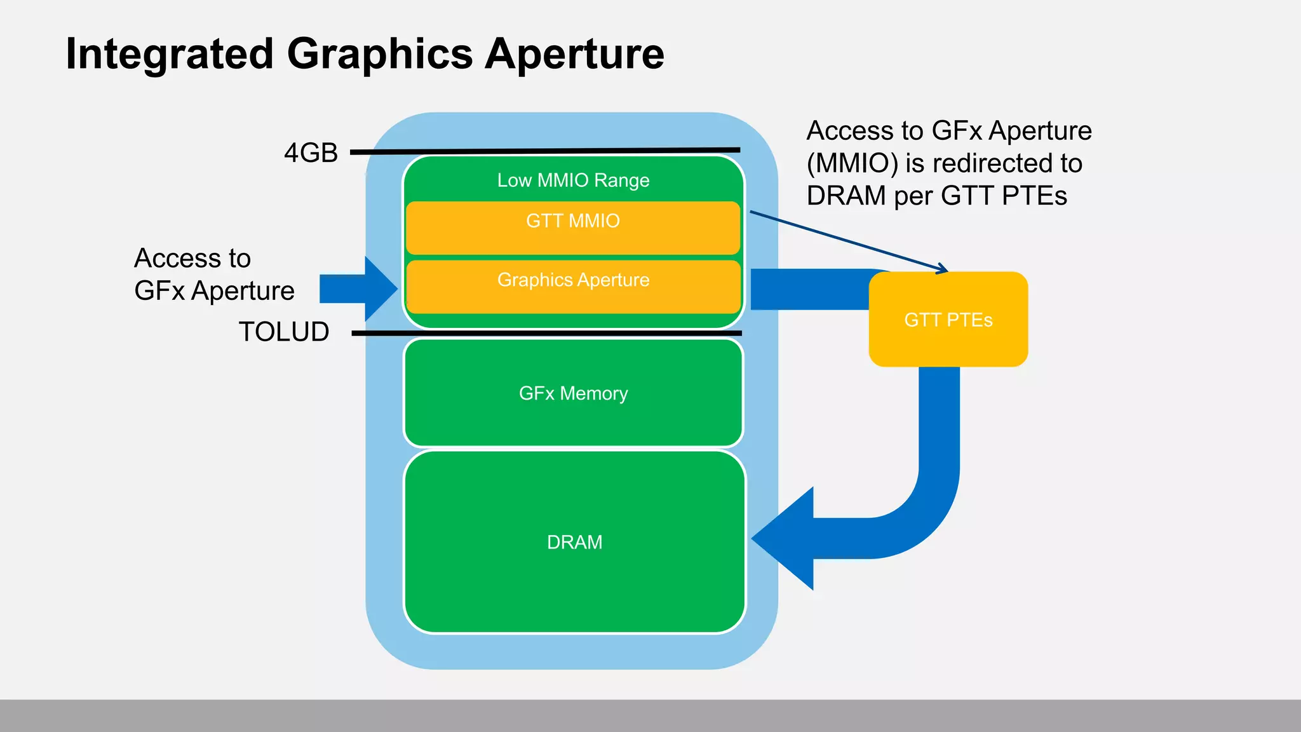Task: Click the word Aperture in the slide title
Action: click(574, 54)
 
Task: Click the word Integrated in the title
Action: click(170, 54)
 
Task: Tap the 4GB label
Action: click(311, 153)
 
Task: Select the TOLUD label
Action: click(284, 332)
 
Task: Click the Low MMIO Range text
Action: click(573, 180)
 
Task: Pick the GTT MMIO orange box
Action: click(573, 228)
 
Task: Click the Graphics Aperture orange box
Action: click(573, 287)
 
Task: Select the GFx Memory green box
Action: click(573, 393)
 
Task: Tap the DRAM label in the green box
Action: click(574, 542)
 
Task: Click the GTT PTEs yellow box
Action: click(948, 320)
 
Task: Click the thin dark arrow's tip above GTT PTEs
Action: click(946, 271)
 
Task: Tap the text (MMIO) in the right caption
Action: click(852, 163)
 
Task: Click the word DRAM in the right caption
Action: click(846, 196)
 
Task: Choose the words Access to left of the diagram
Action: click(192, 259)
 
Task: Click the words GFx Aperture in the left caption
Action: click(214, 291)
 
